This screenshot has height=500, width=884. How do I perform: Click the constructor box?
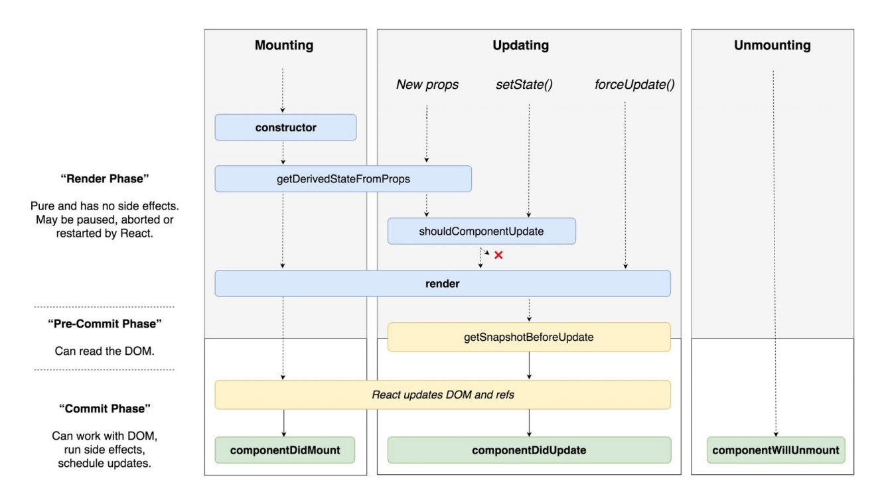pyautogui.click(x=285, y=127)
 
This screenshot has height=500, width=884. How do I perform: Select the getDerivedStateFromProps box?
pyautogui.click(x=343, y=178)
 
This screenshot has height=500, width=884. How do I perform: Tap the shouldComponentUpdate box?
pyautogui.click(x=481, y=231)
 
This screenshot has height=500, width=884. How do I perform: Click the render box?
pyautogui.click(x=443, y=284)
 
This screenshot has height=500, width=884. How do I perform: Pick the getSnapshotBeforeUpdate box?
pyautogui.click(x=529, y=337)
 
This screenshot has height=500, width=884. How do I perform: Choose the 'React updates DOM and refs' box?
pyautogui.click(x=443, y=395)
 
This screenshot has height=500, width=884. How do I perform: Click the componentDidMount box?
pyautogui.click(x=285, y=450)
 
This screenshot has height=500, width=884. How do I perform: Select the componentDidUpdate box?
pyautogui.click(x=529, y=450)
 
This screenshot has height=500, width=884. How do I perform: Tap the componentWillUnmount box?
pyautogui.click(x=776, y=450)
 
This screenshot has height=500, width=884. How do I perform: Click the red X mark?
pyautogui.click(x=498, y=255)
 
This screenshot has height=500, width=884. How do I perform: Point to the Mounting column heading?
pyautogui.click(x=284, y=45)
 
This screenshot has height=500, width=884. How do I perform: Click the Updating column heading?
pyautogui.click(x=520, y=45)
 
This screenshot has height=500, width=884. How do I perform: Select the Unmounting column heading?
pyautogui.click(x=773, y=45)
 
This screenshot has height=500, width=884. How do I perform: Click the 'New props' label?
pyautogui.click(x=427, y=84)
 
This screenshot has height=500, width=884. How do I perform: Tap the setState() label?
pyautogui.click(x=524, y=84)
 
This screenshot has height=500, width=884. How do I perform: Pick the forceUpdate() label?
pyautogui.click(x=634, y=84)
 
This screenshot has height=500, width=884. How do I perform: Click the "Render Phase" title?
pyautogui.click(x=105, y=178)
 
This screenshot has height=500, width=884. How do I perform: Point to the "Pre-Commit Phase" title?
pyautogui.click(x=105, y=324)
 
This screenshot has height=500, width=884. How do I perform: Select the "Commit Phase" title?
pyautogui.click(x=105, y=408)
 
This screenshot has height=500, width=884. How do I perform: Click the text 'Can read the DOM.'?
pyautogui.click(x=105, y=351)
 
